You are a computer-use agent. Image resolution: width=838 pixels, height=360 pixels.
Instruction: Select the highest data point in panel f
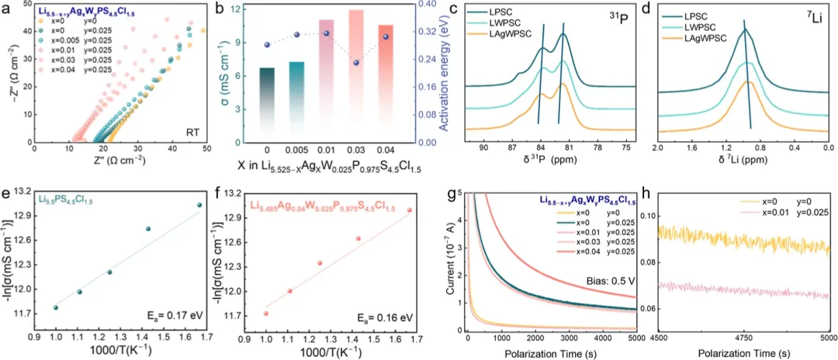pyautogui.click(x=410, y=210)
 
